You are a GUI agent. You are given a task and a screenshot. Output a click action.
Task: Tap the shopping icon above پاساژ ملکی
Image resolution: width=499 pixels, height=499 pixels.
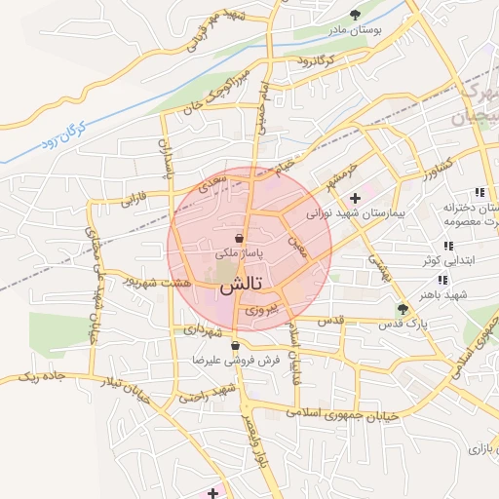pyautogui.click(x=240, y=238)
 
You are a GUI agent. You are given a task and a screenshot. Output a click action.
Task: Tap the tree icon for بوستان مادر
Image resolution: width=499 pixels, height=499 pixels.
pyautogui.click(x=355, y=15)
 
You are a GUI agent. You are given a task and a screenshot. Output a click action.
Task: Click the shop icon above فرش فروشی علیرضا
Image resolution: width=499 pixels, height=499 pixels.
pyautogui.click(x=235, y=346)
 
